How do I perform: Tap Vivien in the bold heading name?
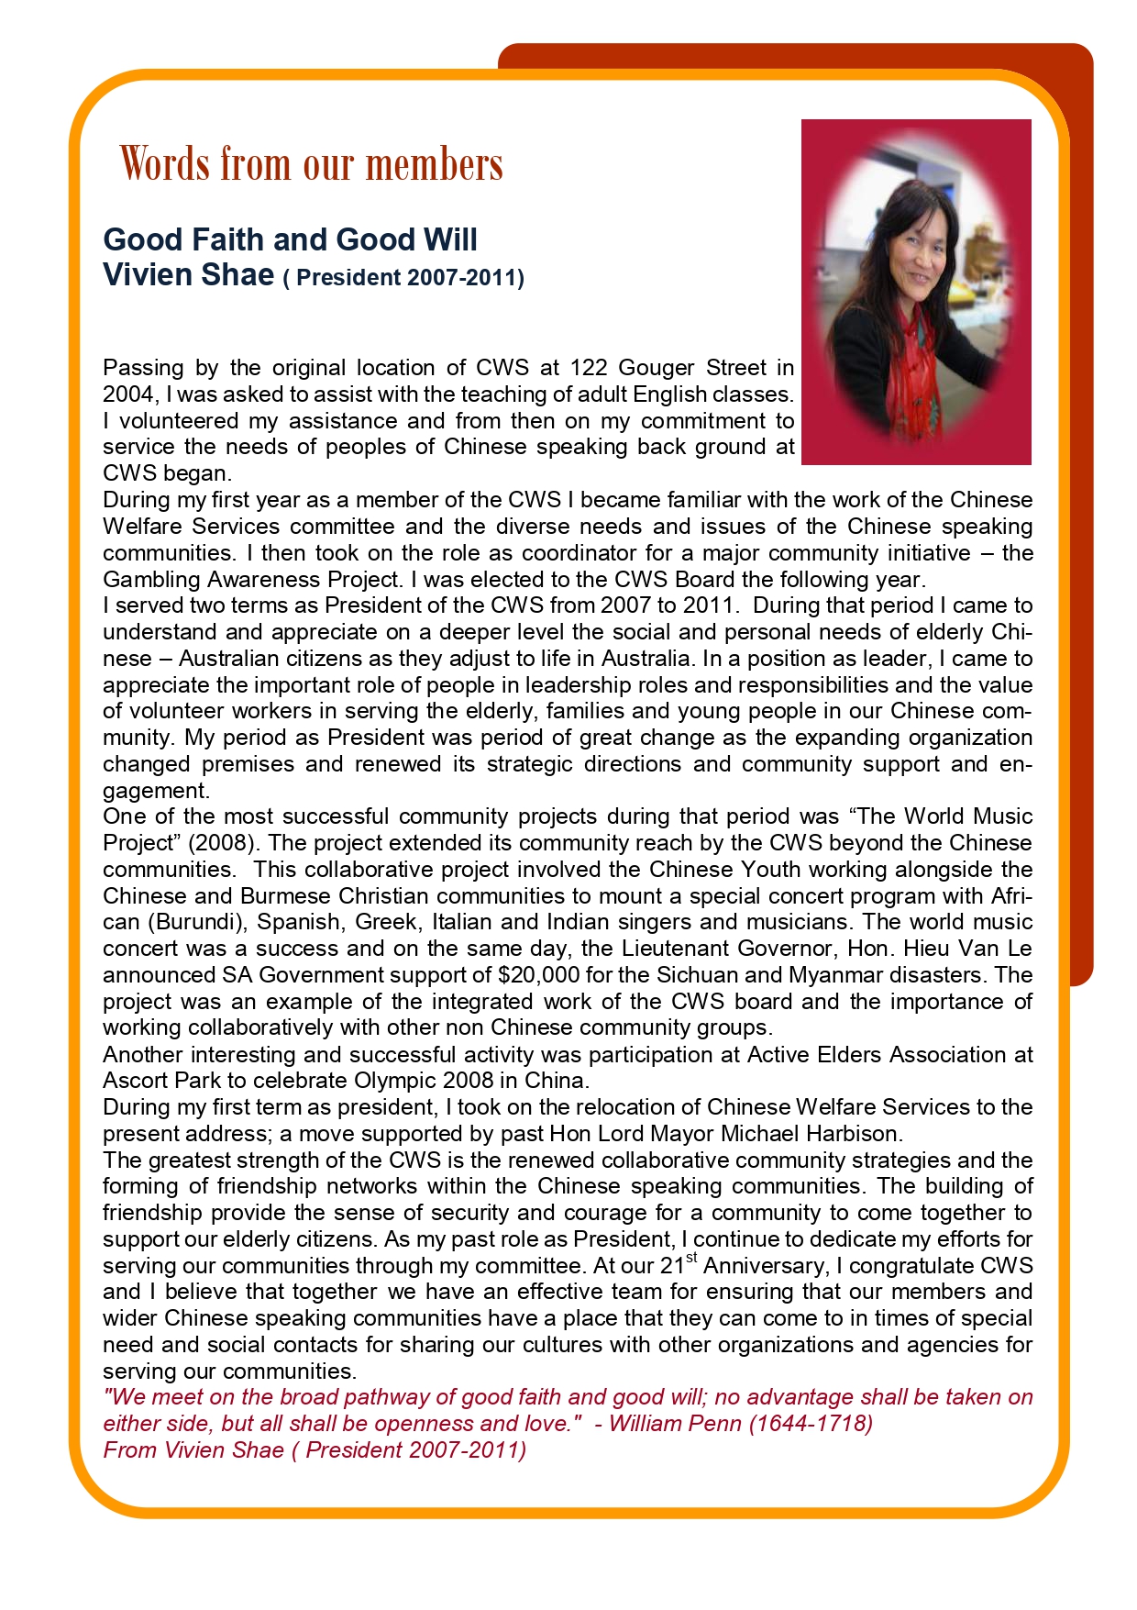click(140, 274)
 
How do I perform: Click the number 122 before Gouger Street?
click(589, 368)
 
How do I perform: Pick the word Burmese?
click(285, 896)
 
